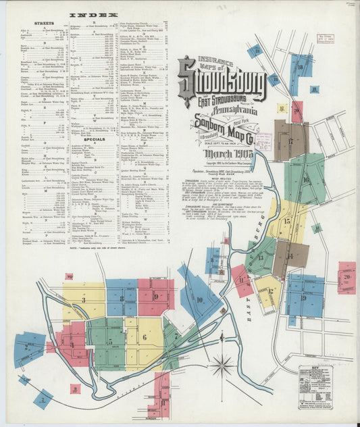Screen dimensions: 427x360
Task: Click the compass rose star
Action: click(222, 368)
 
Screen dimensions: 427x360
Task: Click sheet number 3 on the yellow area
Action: click(84, 300)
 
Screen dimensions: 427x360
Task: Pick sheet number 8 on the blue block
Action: click(121, 297)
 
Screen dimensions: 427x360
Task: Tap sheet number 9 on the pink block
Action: click(155, 296)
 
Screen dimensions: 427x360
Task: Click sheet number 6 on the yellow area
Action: click(145, 337)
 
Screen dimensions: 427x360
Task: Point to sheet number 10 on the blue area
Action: click(199, 299)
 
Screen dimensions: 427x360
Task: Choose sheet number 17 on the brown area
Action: click(290, 141)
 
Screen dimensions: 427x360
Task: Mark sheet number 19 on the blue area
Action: click(303, 297)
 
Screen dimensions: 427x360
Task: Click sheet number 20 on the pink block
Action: click(346, 277)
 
